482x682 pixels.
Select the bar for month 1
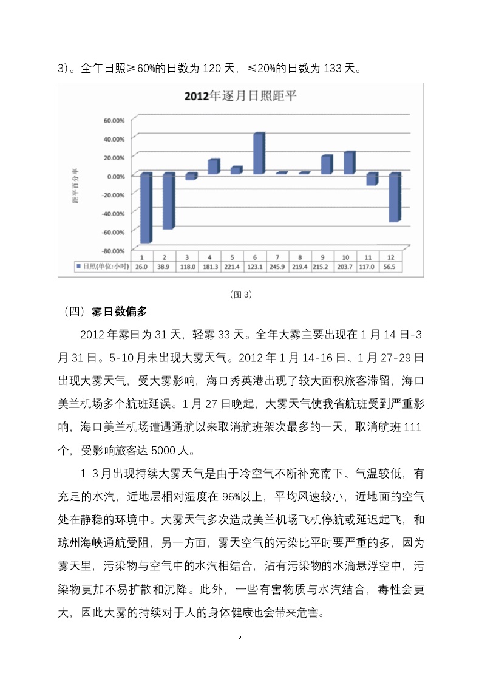pyautogui.click(x=146, y=208)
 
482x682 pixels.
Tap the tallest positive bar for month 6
pyautogui.click(x=259, y=153)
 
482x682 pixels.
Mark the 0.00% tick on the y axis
pyautogui.click(x=115, y=176)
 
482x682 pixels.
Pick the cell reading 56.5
pyautogui.click(x=394, y=267)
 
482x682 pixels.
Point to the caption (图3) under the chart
pyautogui.click(x=241, y=295)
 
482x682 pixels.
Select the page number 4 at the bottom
pyautogui.click(x=241, y=638)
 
